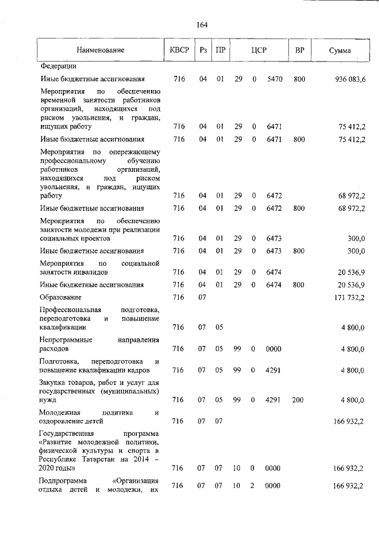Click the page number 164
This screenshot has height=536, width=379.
point(201,24)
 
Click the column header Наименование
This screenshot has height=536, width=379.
point(100,51)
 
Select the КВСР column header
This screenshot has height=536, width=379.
point(179,51)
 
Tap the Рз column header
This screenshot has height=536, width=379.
point(203,51)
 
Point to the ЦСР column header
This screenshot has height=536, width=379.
point(258,51)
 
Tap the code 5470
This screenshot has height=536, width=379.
point(273,79)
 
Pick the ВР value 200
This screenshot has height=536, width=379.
point(298,400)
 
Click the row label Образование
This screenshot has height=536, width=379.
point(60,297)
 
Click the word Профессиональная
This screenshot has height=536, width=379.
point(70,310)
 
